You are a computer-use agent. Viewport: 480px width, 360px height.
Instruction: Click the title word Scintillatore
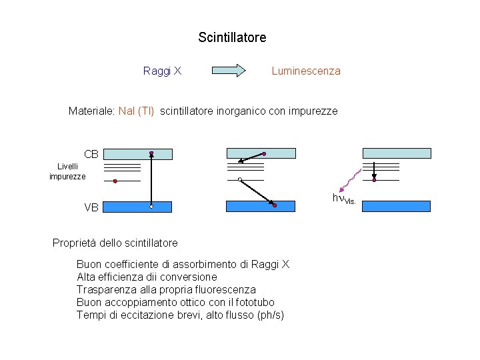(232, 37)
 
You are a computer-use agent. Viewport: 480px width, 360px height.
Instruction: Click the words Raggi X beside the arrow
(162, 71)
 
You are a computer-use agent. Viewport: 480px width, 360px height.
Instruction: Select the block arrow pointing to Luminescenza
(229, 71)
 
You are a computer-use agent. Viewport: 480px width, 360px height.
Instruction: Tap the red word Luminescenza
(306, 71)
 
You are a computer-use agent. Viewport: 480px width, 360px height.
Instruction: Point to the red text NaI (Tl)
(136, 111)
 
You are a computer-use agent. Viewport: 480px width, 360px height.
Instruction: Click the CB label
(91, 154)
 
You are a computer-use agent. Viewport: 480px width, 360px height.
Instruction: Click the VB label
(91, 207)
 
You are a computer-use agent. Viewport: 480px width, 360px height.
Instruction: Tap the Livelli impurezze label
(67, 171)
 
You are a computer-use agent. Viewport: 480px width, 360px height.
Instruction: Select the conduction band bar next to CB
(139, 154)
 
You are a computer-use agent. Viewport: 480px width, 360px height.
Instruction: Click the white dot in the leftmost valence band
(151, 207)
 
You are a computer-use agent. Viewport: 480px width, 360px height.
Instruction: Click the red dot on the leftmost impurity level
(115, 181)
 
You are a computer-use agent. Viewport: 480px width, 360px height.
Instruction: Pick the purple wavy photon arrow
(350, 180)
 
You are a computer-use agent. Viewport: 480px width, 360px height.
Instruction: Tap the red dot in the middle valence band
(274, 205)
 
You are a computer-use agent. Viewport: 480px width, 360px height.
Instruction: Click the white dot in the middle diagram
(239, 179)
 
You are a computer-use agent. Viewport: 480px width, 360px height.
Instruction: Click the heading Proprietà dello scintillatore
(115, 242)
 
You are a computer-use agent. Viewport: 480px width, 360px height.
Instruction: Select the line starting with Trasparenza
(166, 289)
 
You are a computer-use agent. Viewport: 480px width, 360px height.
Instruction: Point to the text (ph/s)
(270, 315)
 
